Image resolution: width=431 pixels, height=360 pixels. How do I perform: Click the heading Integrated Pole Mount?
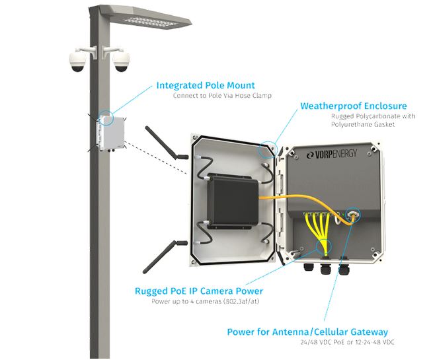coord(206,85)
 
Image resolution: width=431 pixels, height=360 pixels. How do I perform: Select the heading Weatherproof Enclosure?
coord(353,106)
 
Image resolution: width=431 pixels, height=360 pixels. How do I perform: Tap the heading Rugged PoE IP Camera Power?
coord(199,291)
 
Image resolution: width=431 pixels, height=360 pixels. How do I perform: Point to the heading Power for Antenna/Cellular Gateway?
coord(307,332)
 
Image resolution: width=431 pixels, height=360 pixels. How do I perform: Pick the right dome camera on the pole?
coord(121,61)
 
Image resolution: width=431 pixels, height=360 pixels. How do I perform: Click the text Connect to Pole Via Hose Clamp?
coord(223,96)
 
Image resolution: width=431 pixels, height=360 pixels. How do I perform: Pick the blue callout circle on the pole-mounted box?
coord(106,119)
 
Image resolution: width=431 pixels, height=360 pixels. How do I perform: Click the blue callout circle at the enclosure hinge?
coord(268,149)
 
